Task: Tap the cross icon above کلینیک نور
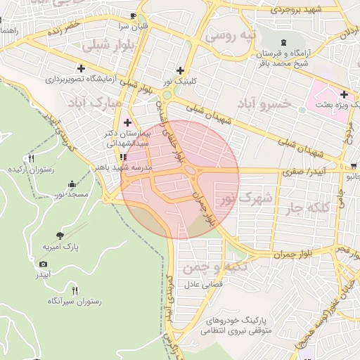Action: click(x=181, y=70)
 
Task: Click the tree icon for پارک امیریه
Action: click(x=59, y=236)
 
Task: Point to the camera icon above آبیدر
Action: click(x=44, y=264)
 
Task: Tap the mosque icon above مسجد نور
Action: click(x=72, y=183)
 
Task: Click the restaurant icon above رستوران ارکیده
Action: click(x=30, y=159)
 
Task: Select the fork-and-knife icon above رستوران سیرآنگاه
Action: click(x=75, y=290)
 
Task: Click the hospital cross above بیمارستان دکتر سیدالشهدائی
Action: click(x=127, y=122)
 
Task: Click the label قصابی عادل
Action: click(x=203, y=285)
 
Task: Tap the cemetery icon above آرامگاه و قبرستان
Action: click(x=283, y=43)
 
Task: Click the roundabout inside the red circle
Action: click(x=190, y=170)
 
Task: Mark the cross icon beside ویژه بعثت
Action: click(x=343, y=94)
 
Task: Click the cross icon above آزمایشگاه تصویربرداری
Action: click(x=82, y=69)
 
